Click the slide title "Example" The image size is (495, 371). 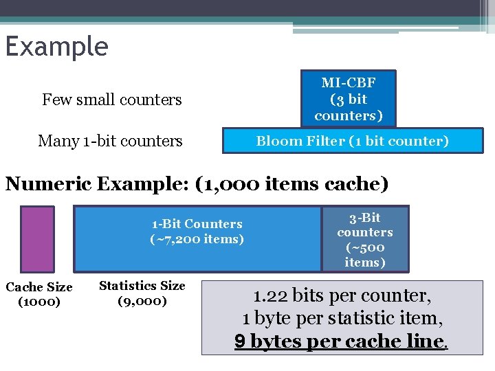tap(56, 47)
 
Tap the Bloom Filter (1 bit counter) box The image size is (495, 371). tap(352, 141)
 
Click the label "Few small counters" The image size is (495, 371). tap(111, 100)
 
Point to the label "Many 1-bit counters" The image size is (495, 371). tap(110, 141)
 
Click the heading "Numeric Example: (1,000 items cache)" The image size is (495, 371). tap(197, 184)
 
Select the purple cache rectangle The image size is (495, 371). tap(37, 239)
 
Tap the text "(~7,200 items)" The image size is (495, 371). tap(197, 239)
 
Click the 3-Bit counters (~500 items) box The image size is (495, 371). tap(365, 239)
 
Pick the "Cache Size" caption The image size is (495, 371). tap(39, 287)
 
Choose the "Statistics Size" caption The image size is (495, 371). tap(142, 285)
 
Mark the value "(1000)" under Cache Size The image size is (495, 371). tap(39, 302)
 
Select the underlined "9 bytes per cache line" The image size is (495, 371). tap(340, 341)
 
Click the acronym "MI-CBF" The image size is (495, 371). tap(349, 82)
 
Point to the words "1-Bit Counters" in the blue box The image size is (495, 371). tap(197, 224)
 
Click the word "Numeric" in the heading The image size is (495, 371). tap(49, 184)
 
